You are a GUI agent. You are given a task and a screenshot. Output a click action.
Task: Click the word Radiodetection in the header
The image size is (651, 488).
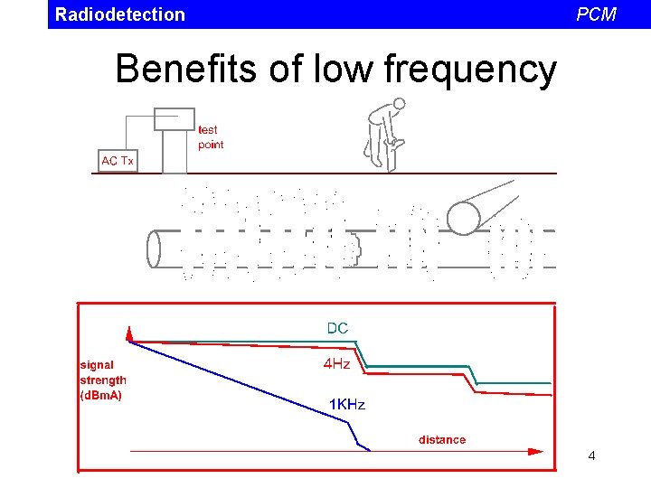[119, 14]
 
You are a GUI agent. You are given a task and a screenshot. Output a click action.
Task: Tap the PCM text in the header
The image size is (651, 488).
[596, 14]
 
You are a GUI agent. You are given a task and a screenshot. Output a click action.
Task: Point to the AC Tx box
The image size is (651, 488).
[118, 161]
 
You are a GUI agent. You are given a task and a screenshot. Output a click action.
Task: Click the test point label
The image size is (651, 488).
[210, 137]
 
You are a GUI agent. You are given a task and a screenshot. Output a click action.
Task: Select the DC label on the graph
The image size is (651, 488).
[337, 328]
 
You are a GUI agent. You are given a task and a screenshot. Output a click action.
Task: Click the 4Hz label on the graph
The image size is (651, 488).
[337, 365]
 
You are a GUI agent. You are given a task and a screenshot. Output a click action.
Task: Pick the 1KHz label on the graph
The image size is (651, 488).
[346, 405]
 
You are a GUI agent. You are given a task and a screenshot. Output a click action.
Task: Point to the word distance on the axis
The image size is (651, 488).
[442, 440]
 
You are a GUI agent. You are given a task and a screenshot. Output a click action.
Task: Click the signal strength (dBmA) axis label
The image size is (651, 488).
[103, 380]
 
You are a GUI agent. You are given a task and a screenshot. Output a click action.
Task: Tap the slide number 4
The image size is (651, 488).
[591, 456]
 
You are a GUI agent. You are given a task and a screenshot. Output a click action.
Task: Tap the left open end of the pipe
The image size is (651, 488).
[154, 249]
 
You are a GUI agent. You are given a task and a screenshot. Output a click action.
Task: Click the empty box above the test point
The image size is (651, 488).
[175, 118]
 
